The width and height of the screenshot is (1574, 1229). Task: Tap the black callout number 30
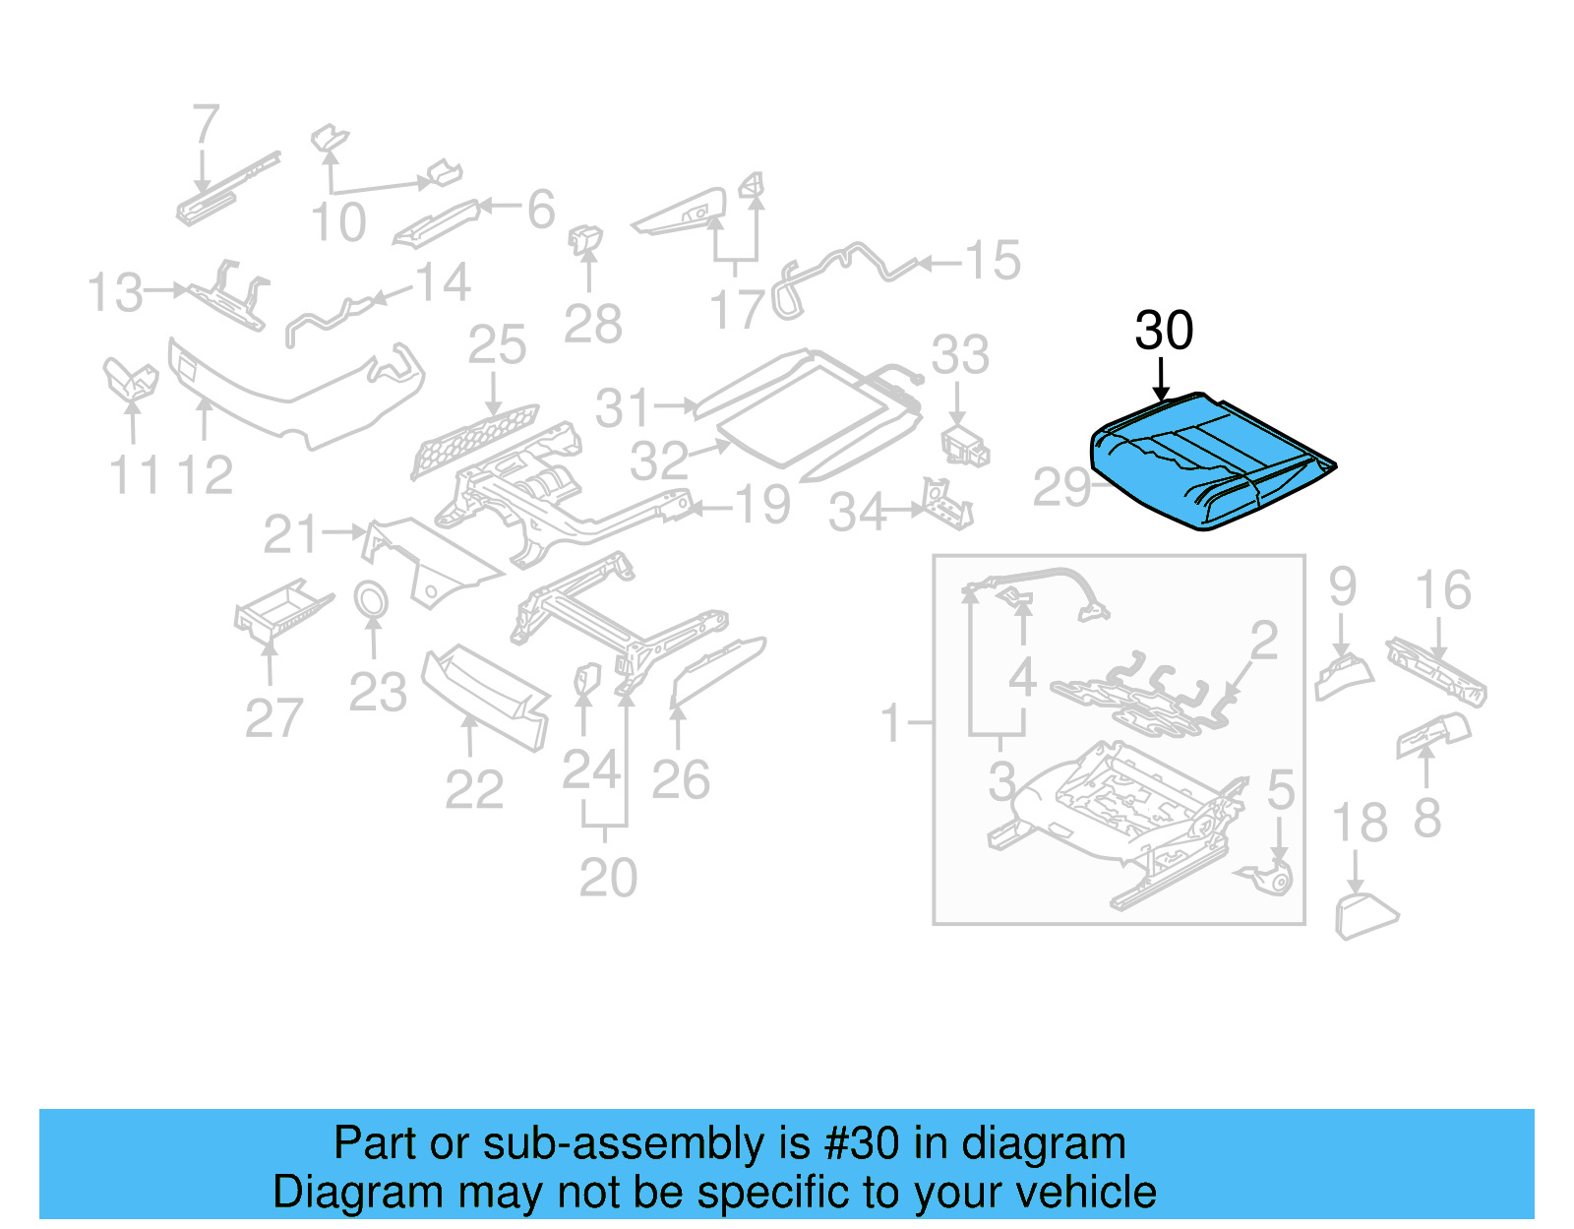[x=1164, y=331]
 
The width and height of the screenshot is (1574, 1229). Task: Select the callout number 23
[x=378, y=693]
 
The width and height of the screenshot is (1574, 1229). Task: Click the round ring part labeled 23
[x=371, y=599]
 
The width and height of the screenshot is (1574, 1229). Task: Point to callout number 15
[x=992, y=261]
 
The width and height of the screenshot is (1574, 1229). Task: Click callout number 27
[x=273, y=718]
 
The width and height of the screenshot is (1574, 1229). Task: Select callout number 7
[x=205, y=126]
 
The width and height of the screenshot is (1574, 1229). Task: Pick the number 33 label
[x=960, y=355]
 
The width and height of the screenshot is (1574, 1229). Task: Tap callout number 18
[x=1359, y=823]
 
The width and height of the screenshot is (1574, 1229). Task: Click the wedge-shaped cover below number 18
[x=1365, y=915]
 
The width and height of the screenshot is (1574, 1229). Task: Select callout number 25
[x=497, y=345]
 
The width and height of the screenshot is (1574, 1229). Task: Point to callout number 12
[x=205, y=476]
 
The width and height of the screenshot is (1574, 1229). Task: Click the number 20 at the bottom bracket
[x=608, y=878]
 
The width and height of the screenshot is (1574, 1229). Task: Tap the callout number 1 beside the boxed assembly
[x=891, y=724]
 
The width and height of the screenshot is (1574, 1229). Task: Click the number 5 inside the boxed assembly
[x=1281, y=790]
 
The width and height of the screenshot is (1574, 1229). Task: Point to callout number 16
[x=1443, y=590]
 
